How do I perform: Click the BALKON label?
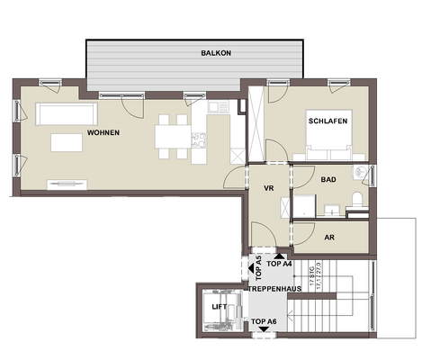216,53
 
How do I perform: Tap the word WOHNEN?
103,133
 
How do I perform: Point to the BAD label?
328,180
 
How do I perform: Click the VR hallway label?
267,189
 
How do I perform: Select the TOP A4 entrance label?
281,265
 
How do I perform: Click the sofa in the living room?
65,113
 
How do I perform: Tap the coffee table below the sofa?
65,143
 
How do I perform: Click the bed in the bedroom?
328,139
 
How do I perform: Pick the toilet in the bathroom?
357,200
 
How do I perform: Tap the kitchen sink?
218,108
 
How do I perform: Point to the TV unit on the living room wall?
66,184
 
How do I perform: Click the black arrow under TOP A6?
263,330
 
